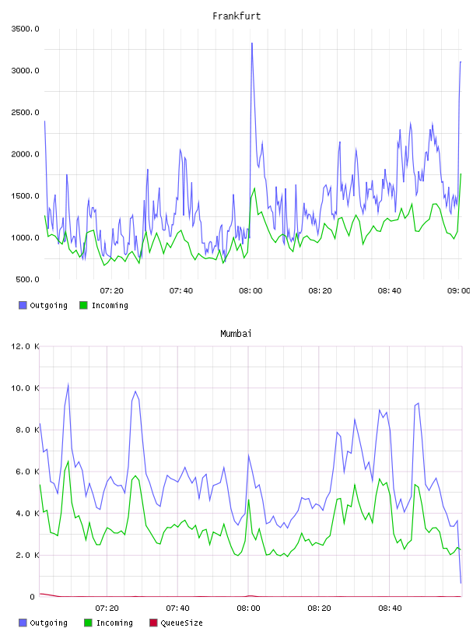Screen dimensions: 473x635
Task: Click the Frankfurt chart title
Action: click(236, 16)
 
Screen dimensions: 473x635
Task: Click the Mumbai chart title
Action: click(236, 334)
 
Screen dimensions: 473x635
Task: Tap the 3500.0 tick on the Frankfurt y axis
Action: click(25, 29)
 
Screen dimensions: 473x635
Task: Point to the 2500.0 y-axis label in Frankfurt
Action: click(25, 112)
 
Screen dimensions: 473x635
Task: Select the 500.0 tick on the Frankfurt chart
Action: click(27, 279)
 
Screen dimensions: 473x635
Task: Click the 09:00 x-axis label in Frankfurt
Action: click(459, 291)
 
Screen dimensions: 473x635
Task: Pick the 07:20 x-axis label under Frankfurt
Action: click(111, 291)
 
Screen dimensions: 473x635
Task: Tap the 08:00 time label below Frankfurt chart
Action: click(251, 291)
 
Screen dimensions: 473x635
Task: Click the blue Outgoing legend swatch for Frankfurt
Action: click(23, 305)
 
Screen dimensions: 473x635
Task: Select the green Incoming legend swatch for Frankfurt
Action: click(83, 305)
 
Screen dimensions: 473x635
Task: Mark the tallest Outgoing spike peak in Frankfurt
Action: click(252, 43)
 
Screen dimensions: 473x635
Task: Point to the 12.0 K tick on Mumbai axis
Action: click(25, 346)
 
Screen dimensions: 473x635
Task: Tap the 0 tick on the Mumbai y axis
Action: click(33, 597)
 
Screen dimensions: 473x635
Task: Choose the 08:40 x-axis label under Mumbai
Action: click(390, 609)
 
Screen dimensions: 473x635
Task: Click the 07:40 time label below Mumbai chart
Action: click(177, 609)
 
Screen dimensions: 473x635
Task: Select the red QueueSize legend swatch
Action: click(153, 623)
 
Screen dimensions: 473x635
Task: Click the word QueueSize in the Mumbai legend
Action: click(182, 623)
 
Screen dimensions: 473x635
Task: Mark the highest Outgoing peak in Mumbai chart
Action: click(68, 384)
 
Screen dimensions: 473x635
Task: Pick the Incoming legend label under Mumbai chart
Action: click(114, 623)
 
